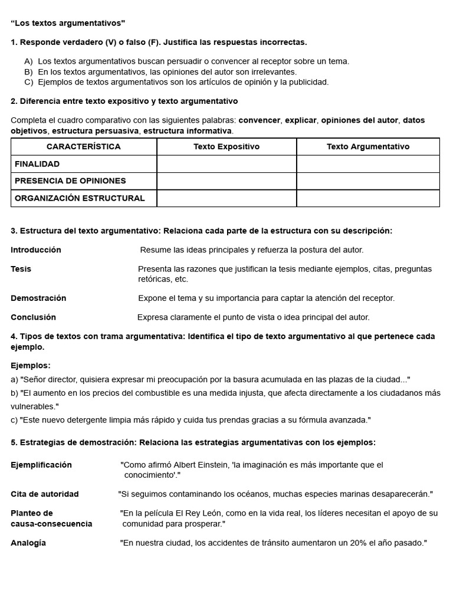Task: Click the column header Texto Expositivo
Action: (x=226, y=147)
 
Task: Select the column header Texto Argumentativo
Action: (x=368, y=147)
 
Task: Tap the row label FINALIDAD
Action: (x=37, y=164)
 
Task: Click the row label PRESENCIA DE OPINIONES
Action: (x=70, y=181)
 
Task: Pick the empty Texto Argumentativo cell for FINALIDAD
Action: (x=368, y=164)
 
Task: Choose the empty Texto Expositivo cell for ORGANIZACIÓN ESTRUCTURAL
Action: (x=226, y=198)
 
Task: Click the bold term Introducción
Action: (x=36, y=250)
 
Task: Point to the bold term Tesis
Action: (x=21, y=269)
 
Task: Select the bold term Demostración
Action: (x=38, y=298)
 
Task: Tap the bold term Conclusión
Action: (x=34, y=317)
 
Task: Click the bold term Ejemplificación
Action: (x=41, y=465)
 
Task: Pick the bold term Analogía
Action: (x=28, y=543)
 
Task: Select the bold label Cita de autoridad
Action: (x=45, y=494)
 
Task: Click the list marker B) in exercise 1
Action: (x=28, y=71)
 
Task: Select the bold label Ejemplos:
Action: (x=31, y=366)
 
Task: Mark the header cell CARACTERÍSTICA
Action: (x=84, y=147)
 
